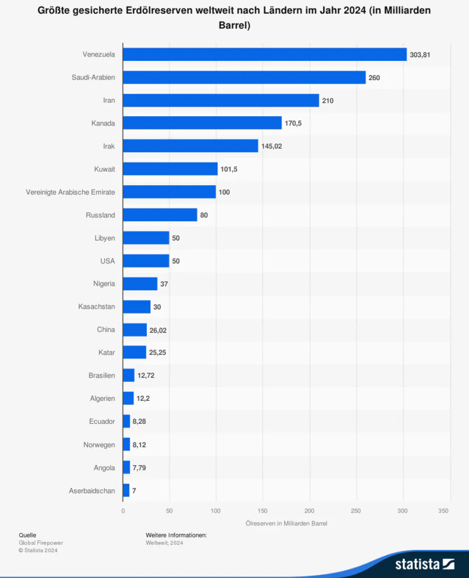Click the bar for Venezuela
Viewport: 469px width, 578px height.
(x=264, y=54)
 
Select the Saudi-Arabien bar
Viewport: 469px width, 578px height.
(x=244, y=77)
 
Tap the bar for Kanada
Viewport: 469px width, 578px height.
(x=202, y=123)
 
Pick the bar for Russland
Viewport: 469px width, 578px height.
(x=160, y=215)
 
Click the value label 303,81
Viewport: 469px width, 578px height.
(x=420, y=55)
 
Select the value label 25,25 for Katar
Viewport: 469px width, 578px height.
(x=157, y=353)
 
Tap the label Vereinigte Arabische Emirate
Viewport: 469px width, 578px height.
(x=70, y=192)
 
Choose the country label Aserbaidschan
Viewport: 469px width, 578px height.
(x=92, y=491)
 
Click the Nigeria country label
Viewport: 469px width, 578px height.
(x=104, y=284)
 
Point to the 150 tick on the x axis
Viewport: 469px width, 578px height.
(x=262, y=511)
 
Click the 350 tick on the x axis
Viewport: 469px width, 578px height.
(x=444, y=511)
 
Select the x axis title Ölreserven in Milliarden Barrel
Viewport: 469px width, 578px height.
(x=286, y=523)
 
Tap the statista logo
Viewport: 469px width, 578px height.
(x=424, y=563)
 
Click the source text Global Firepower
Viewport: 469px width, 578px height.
(x=41, y=542)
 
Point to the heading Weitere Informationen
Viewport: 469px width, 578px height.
(x=176, y=535)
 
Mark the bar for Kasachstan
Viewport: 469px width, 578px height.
(x=137, y=307)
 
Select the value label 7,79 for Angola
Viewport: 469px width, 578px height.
(x=140, y=468)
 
